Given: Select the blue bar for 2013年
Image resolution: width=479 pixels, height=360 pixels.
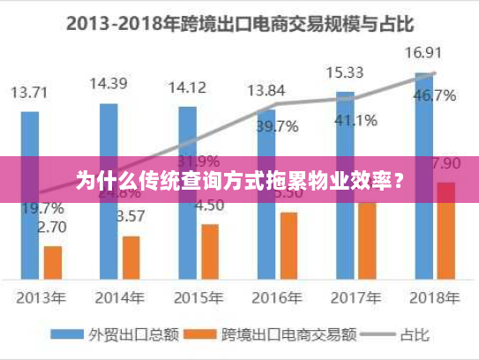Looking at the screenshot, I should (30, 194).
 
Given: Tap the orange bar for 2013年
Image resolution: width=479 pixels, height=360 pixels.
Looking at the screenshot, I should (53, 261).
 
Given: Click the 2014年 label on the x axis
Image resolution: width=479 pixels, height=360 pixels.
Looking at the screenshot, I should (120, 296).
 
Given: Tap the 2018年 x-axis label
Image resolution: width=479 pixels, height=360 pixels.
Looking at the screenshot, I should (435, 296).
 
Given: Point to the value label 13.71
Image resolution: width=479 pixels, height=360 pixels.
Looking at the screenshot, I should (30, 92).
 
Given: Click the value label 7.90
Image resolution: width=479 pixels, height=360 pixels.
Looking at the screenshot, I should (445, 163).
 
